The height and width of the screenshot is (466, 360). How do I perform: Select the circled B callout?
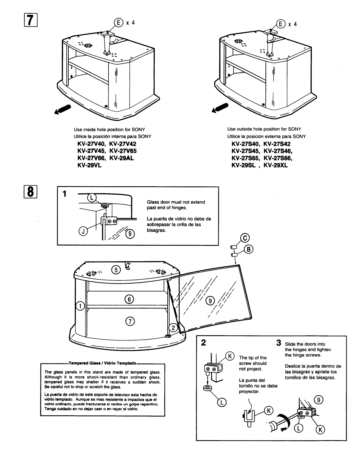tap(249, 249)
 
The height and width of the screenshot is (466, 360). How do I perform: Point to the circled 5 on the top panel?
tap(116, 270)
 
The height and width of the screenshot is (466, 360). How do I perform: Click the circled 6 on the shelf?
tap(130, 299)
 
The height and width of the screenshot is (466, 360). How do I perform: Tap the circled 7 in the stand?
tap(130, 321)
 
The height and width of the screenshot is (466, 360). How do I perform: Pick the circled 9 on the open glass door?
tap(210, 301)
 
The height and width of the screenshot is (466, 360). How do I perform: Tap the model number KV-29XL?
tap(275, 166)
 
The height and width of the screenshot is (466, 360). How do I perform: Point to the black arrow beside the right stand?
tap(219, 108)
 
